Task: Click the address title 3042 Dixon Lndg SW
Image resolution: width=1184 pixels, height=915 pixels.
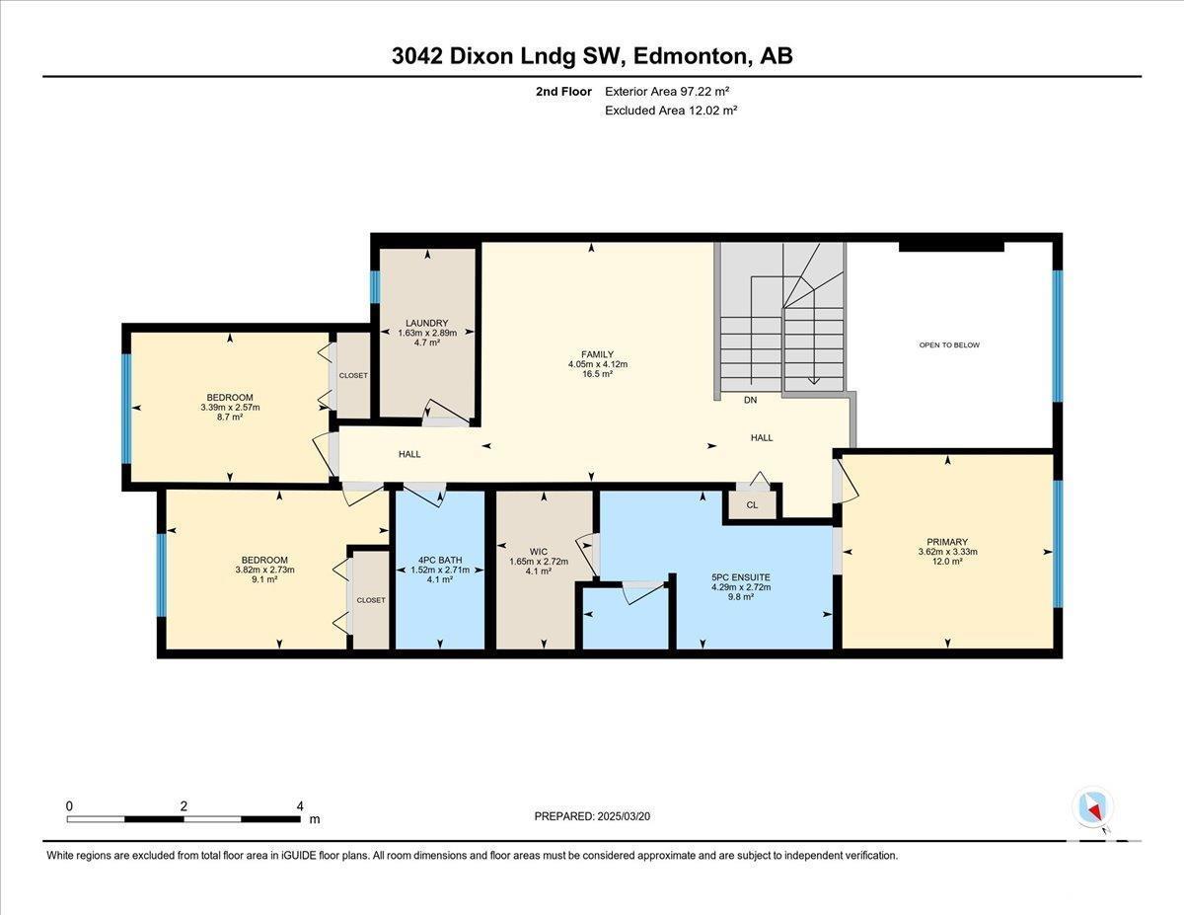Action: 592,56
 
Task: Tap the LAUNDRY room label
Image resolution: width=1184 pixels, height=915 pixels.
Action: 427,323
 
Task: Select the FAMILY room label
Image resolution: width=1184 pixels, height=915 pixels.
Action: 597,354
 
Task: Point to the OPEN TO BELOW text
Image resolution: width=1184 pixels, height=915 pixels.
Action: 949,344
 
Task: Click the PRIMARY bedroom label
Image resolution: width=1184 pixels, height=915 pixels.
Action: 947,541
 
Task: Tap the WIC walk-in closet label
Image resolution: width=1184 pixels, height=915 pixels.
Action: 538,551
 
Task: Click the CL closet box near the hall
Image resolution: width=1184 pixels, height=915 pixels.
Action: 752,504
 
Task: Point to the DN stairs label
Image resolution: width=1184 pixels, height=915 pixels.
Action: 751,400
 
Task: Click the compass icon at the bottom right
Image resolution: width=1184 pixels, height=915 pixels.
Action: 1092,806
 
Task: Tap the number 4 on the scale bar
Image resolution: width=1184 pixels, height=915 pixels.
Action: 300,805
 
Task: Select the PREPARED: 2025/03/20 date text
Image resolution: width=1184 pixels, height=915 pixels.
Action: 593,816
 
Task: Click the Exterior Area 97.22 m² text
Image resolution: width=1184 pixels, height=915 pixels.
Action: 667,91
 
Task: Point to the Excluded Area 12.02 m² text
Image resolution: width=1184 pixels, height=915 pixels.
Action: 671,111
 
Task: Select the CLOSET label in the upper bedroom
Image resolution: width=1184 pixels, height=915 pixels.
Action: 352,375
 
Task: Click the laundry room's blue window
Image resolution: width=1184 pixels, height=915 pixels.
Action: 375,286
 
